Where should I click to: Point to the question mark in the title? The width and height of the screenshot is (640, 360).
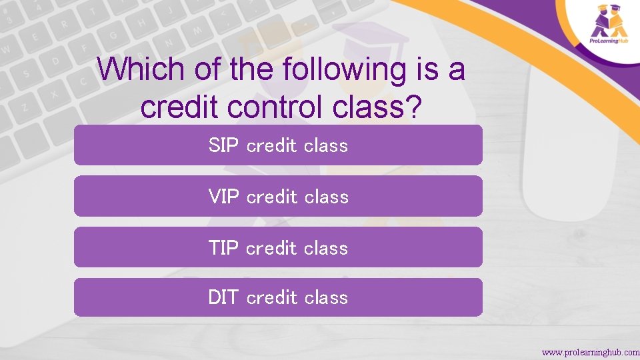pos(414,107)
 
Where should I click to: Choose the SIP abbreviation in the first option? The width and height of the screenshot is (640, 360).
pos(223,145)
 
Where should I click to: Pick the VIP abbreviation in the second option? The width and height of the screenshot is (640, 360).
pos(223,197)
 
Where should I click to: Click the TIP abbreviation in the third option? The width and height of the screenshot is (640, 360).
pos(223,248)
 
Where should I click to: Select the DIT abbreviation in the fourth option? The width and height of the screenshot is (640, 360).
pos(223,297)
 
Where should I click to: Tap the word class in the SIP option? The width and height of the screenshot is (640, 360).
pos(326,145)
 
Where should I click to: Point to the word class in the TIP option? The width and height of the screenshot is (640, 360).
pos(326,248)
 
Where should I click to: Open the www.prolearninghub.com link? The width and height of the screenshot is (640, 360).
pos(590,351)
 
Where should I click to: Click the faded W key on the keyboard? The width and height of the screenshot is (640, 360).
pos(7,48)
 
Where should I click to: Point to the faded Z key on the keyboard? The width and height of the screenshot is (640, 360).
pos(25,106)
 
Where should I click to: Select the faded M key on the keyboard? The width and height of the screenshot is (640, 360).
pos(197,30)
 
